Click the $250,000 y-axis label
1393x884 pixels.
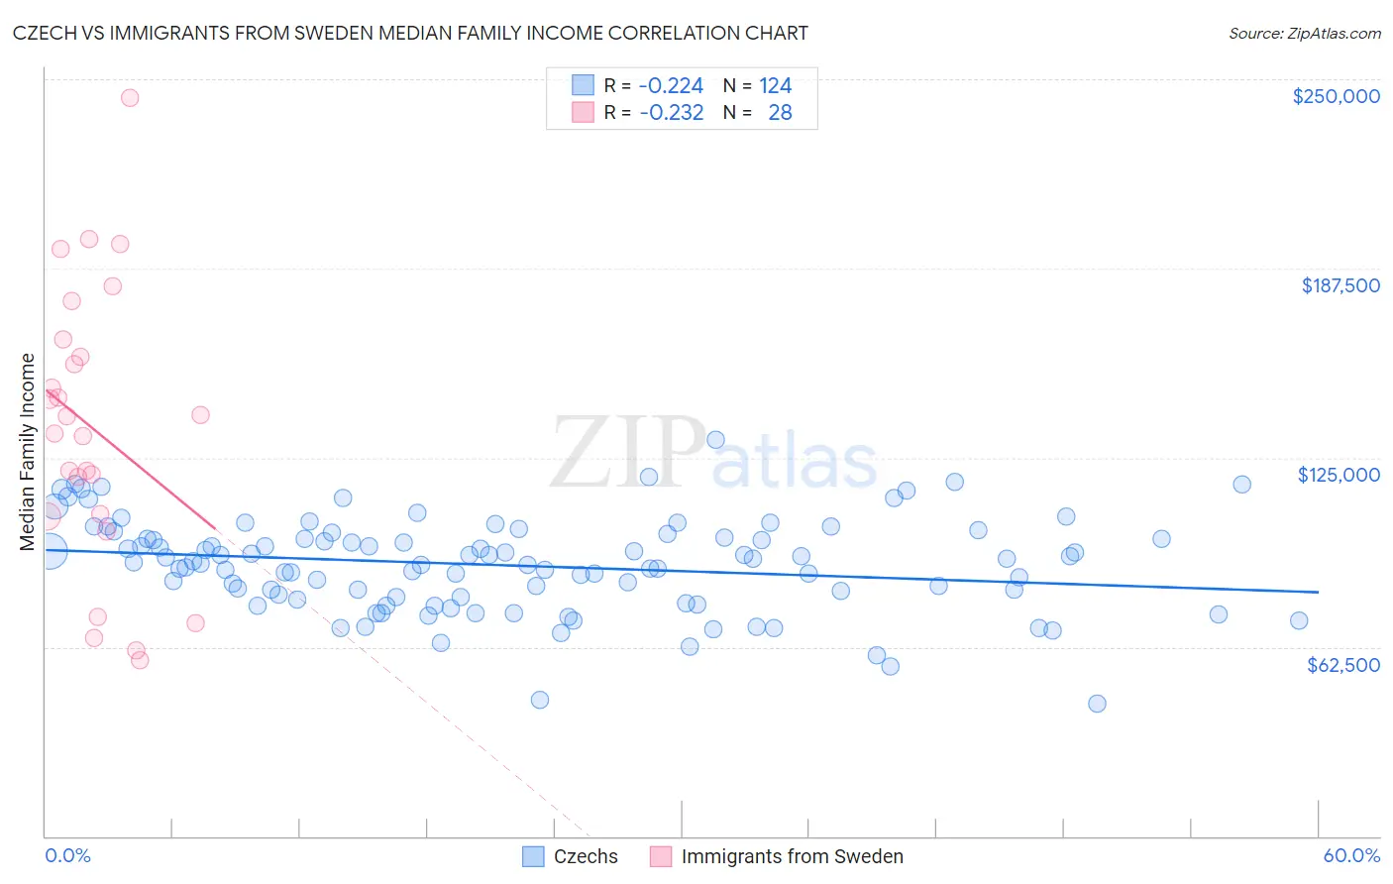click(x=1336, y=96)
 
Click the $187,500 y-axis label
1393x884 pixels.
click(x=1339, y=285)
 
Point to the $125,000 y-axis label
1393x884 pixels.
click(x=1339, y=475)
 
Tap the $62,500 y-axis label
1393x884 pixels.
click(x=1342, y=665)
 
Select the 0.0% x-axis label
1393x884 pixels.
click(x=67, y=855)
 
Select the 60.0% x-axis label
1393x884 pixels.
click(x=1351, y=855)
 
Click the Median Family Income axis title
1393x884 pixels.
click(x=27, y=452)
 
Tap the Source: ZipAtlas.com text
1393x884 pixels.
click(x=1304, y=33)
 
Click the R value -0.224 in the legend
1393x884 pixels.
click(x=671, y=85)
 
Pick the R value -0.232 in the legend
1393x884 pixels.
click(x=671, y=112)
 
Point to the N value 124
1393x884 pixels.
click(x=776, y=85)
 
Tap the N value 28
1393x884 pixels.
click(x=780, y=112)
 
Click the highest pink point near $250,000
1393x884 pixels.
click(x=129, y=97)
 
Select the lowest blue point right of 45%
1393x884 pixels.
click(x=1097, y=704)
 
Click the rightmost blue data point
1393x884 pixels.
click(x=1299, y=620)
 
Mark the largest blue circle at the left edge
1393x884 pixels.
click(x=51, y=551)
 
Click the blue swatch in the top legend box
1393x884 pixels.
click(x=583, y=85)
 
